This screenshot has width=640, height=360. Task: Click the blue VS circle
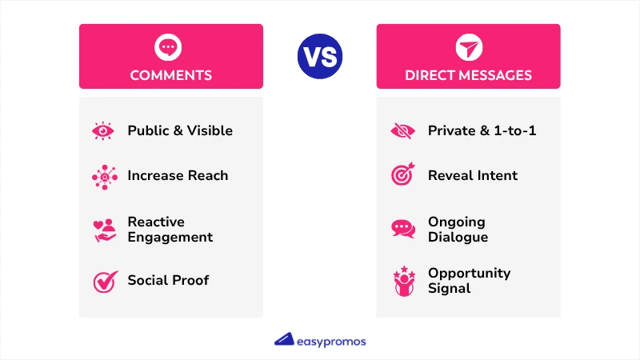320,56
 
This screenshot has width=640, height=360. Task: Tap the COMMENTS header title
171,76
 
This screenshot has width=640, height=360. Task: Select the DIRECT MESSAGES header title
468,76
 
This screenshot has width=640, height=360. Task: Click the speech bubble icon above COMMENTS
167,48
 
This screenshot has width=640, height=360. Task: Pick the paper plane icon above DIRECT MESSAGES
467,48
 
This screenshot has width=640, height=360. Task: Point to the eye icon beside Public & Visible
104,130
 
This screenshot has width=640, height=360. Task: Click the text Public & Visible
180,130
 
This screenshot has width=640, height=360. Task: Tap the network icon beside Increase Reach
104,176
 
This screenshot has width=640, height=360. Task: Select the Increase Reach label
178,175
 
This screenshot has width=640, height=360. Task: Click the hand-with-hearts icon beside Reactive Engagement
105,230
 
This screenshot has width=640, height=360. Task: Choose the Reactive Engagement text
170,230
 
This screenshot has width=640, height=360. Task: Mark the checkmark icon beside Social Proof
105,281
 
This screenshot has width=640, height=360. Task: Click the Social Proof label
168,281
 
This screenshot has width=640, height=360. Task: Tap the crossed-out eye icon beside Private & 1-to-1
403,130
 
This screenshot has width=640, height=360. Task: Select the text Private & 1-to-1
482,130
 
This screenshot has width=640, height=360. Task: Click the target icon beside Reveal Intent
403,175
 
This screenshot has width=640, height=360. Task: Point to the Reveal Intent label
473,175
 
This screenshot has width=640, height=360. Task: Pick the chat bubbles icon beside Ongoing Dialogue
403,229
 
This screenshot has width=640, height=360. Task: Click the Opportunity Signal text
469,281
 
